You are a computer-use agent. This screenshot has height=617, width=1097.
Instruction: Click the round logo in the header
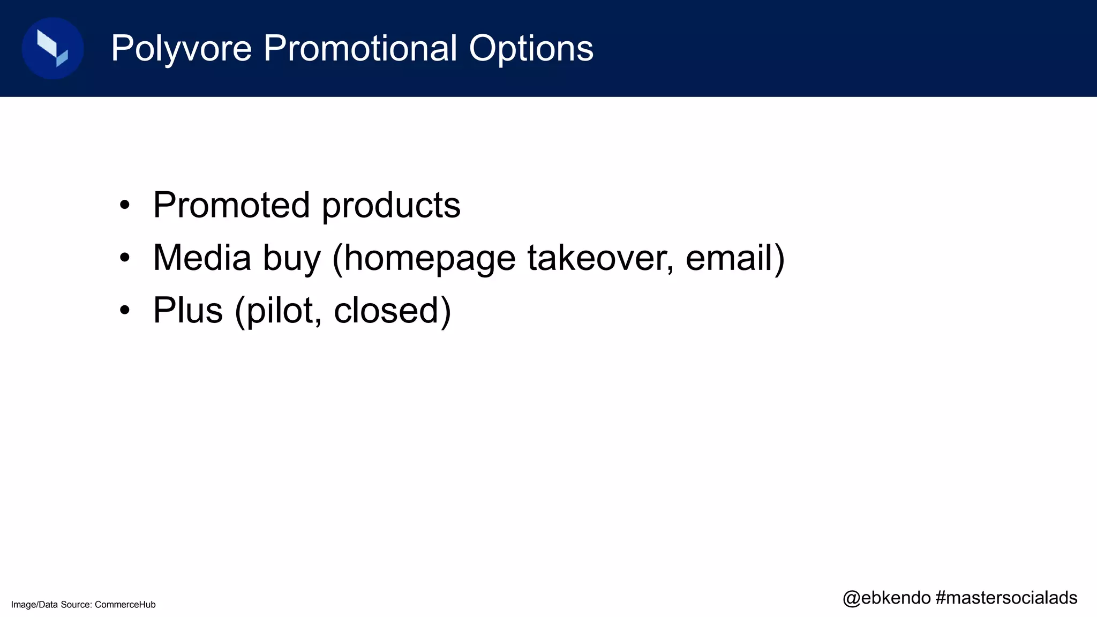pos(52,48)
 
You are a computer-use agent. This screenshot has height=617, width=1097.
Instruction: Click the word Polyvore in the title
pos(181,49)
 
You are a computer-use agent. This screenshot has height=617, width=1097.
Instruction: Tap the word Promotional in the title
pos(360,48)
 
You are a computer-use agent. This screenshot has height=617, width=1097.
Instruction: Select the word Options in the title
pos(531,49)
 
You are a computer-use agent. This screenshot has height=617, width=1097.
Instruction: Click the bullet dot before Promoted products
pos(125,206)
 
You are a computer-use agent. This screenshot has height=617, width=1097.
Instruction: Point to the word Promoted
pos(231,205)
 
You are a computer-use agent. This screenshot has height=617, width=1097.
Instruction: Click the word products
pos(391,206)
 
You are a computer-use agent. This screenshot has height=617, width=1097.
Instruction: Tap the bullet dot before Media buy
pos(125,258)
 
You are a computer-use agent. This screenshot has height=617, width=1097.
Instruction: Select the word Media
pos(202,258)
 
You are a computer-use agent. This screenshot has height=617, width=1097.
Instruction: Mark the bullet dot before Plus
pos(125,311)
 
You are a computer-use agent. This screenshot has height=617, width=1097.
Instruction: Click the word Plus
pos(187,310)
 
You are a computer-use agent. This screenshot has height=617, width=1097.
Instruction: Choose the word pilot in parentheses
pos(279,311)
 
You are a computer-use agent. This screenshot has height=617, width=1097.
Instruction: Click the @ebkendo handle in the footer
pos(886,598)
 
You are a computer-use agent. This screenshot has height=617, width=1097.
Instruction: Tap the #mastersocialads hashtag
pos(1006,598)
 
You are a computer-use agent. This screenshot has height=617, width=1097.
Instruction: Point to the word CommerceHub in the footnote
pos(125,605)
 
